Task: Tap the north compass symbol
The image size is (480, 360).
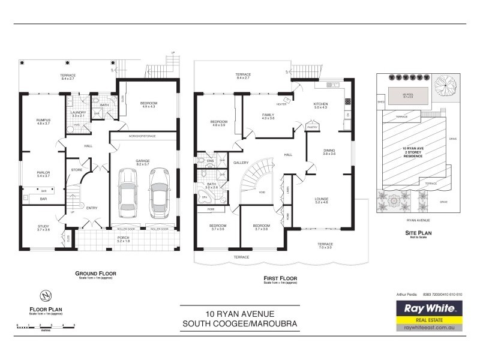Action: coord(43,295)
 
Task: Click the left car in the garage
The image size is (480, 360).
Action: coord(128,192)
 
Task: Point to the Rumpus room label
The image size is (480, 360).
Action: coord(43,120)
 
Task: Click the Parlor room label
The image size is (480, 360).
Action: coord(43,173)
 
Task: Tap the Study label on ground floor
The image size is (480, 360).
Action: coord(43,226)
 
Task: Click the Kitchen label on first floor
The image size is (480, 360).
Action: coord(320,104)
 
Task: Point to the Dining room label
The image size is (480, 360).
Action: coord(329,151)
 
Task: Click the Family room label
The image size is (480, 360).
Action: coord(268,115)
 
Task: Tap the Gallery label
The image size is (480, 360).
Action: coord(241,163)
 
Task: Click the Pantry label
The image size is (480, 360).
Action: coord(312,127)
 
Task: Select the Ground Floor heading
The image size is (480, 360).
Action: coord(95,273)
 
